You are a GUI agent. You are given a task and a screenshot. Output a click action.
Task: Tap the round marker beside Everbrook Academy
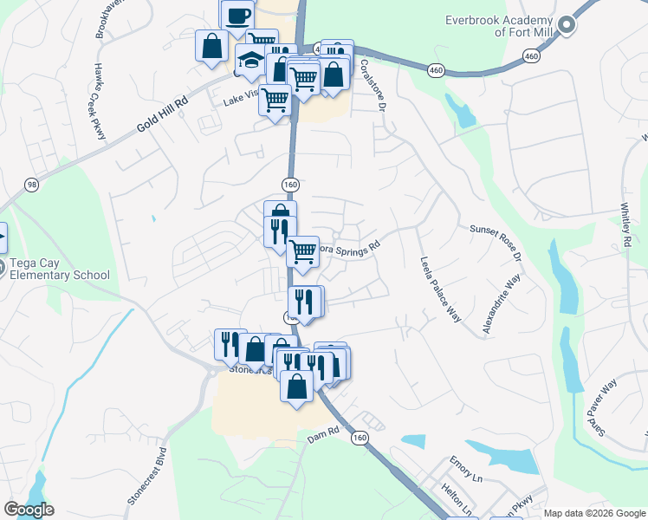(x=567, y=25)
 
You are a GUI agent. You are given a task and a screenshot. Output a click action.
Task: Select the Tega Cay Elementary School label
(x=55, y=270)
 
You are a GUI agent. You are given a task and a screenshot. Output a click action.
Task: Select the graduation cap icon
(x=250, y=61)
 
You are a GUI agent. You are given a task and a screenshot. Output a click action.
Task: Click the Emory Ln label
(x=466, y=469)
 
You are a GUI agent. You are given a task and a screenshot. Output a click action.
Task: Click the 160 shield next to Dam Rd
(x=360, y=439)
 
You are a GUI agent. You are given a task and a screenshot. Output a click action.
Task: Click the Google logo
(x=29, y=510)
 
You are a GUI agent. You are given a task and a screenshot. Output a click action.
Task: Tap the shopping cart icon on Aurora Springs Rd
(x=302, y=252)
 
